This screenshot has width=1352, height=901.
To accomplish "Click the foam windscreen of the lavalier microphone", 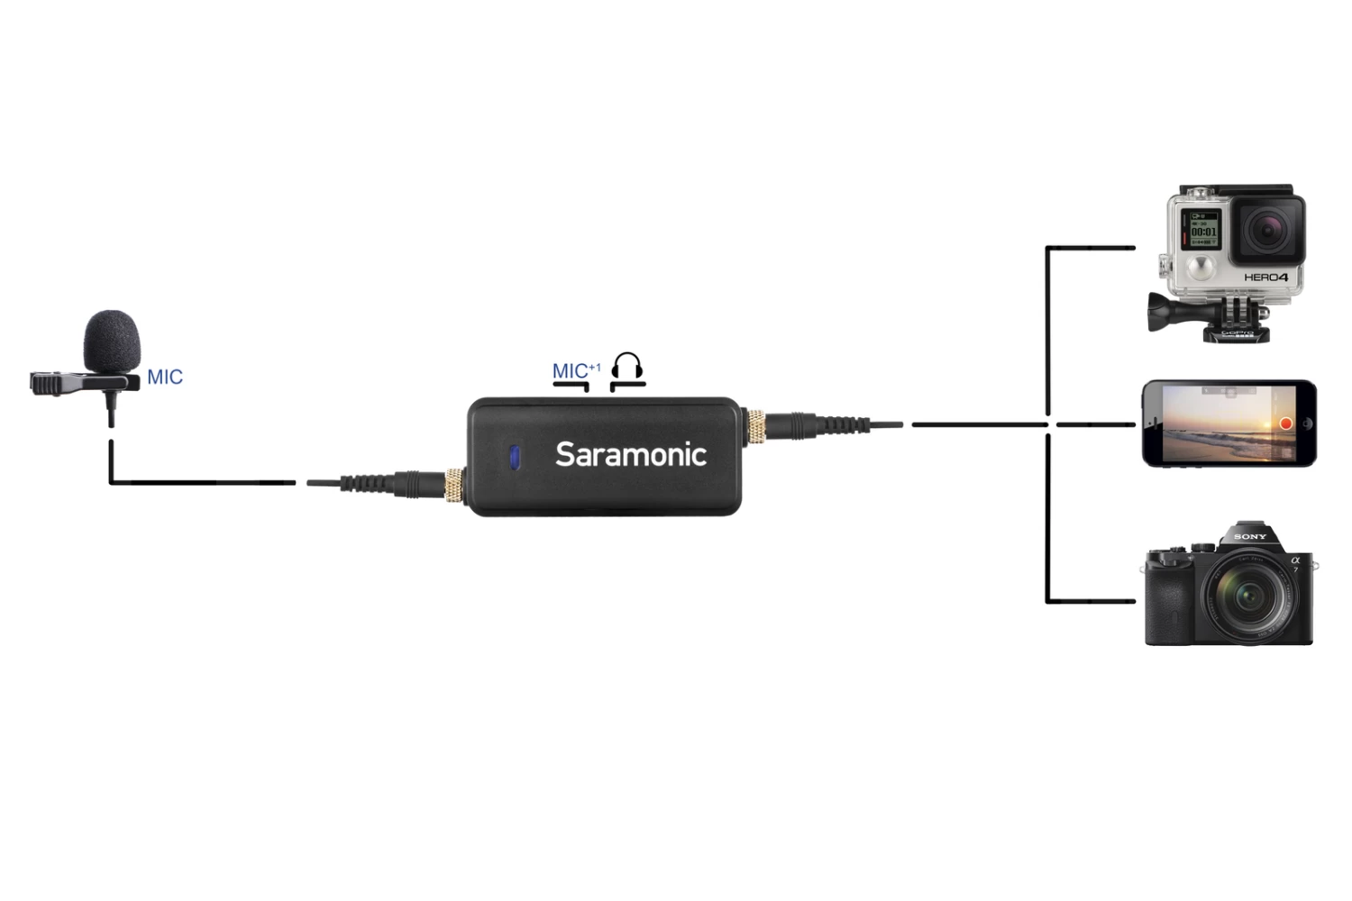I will (112, 341).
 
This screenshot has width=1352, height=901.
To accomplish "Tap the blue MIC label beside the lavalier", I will (165, 377).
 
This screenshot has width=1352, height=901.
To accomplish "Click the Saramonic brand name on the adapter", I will (630, 454).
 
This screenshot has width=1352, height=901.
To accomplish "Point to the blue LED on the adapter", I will (515, 457).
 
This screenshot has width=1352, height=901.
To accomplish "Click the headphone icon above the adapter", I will (627, 366).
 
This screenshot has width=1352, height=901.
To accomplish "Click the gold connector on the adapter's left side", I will (454, 485).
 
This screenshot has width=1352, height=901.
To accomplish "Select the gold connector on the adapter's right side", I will (754, 425).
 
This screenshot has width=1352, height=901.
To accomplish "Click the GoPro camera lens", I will (1268, 231).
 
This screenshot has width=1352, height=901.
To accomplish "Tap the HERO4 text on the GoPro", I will (1266, 278).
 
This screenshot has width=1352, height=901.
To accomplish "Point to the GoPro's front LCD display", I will (1202, 231).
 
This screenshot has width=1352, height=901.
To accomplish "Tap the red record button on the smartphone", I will (1286, 423).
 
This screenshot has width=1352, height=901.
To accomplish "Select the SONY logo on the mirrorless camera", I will (1250, 537).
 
